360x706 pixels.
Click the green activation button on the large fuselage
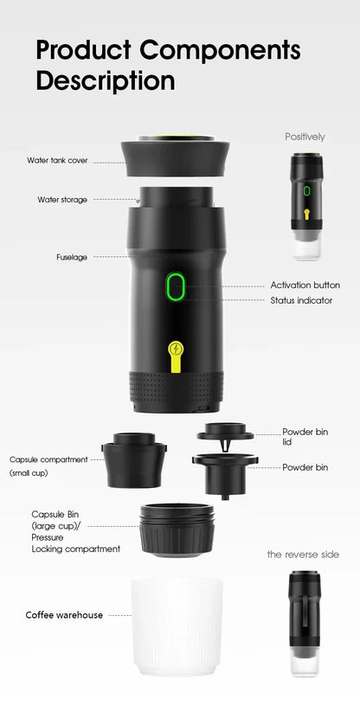click(176, 286)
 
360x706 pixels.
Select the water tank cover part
click(175, 156)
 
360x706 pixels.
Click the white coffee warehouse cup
click(177, 626)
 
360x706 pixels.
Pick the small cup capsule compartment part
click(134, 460)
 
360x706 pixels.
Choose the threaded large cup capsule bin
click(177, 530)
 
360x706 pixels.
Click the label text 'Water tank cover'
click(57, 160)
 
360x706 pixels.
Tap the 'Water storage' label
click(62, 200)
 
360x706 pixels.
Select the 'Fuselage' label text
click(72, 258)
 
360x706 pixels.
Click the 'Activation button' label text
click(305, 286)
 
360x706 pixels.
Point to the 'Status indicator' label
click(301, 300)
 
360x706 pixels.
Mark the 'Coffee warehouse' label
click(64, 615)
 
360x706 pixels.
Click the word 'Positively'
click(305, 137)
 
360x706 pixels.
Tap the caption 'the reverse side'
click(303, 555)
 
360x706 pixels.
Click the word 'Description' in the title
click(106, 81)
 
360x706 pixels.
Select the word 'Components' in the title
click(220, 50)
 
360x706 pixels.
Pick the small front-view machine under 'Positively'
click(307, 206)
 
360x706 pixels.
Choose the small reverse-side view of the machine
click(305, 623)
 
